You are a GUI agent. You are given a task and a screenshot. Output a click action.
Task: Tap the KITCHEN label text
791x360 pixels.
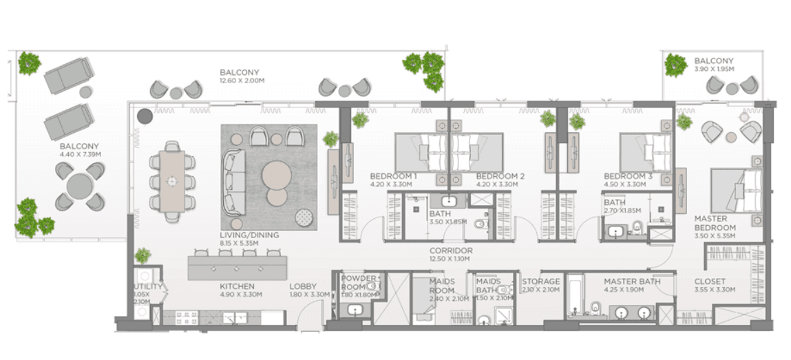[237, 286]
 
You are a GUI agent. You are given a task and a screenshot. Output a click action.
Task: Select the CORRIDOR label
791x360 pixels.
[450, 251]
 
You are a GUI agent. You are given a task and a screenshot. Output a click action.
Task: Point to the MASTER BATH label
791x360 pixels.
[631, 282]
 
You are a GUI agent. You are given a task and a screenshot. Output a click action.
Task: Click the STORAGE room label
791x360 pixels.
[540, 282]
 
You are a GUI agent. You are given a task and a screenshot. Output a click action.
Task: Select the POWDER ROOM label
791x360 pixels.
[359, 283]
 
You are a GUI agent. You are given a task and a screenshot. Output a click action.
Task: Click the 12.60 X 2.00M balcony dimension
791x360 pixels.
[242, 81]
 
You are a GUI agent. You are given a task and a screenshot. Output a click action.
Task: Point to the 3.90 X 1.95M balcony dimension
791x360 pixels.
[714, 70]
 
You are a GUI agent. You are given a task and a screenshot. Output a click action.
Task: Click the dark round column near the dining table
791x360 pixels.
[145, 116]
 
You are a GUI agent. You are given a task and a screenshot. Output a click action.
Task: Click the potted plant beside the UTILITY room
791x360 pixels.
[143, 256]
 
